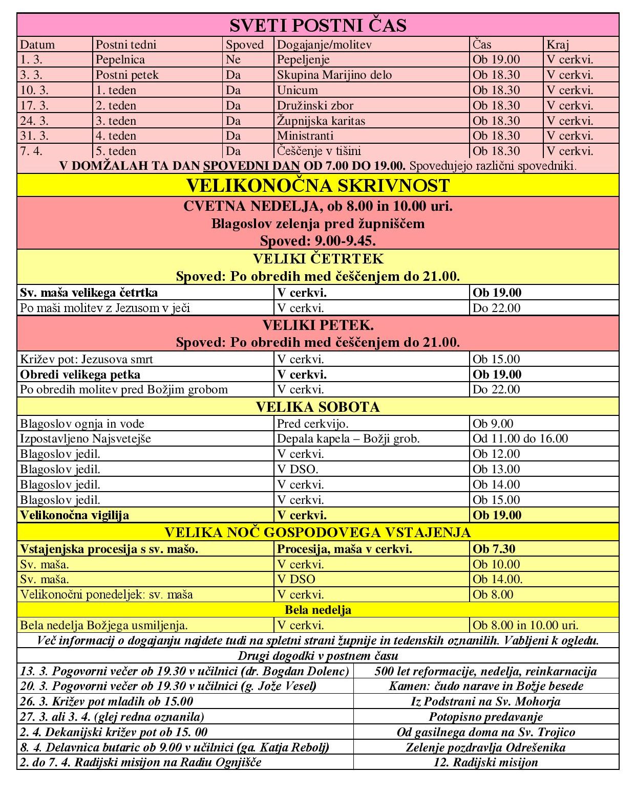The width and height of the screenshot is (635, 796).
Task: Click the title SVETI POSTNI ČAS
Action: coord(317,25)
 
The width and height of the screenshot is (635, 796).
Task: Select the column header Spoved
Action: coord(245,45)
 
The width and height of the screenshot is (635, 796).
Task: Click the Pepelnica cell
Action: coord(120,60)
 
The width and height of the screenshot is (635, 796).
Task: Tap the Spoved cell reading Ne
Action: coord(233,60)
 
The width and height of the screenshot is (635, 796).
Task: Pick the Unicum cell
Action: coord(298,91)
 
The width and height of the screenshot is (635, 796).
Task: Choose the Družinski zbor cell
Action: coord(315,106)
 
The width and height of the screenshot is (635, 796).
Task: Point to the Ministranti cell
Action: coord(305,136)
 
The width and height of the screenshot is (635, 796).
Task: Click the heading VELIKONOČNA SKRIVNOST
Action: coord(317,185)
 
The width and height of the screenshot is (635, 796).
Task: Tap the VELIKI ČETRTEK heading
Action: coord(317,259)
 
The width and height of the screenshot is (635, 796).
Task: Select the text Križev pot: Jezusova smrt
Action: coord(87,359)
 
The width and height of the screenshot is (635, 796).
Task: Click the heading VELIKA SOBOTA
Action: coord(317,407)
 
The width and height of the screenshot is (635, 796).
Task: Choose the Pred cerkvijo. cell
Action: coord(313,424)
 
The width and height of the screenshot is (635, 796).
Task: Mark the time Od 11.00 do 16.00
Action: coord(520,439)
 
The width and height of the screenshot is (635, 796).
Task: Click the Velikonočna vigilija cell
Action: coord(75,515)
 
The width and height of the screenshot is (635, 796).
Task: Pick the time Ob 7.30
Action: coord(494,549)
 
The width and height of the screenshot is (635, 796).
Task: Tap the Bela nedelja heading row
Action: coord(317,610)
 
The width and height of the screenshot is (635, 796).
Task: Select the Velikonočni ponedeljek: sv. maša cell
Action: coord(107,594)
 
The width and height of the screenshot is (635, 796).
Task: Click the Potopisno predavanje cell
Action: coord(485,717)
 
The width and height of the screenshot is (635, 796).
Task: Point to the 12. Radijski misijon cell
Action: coord(485,762)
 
